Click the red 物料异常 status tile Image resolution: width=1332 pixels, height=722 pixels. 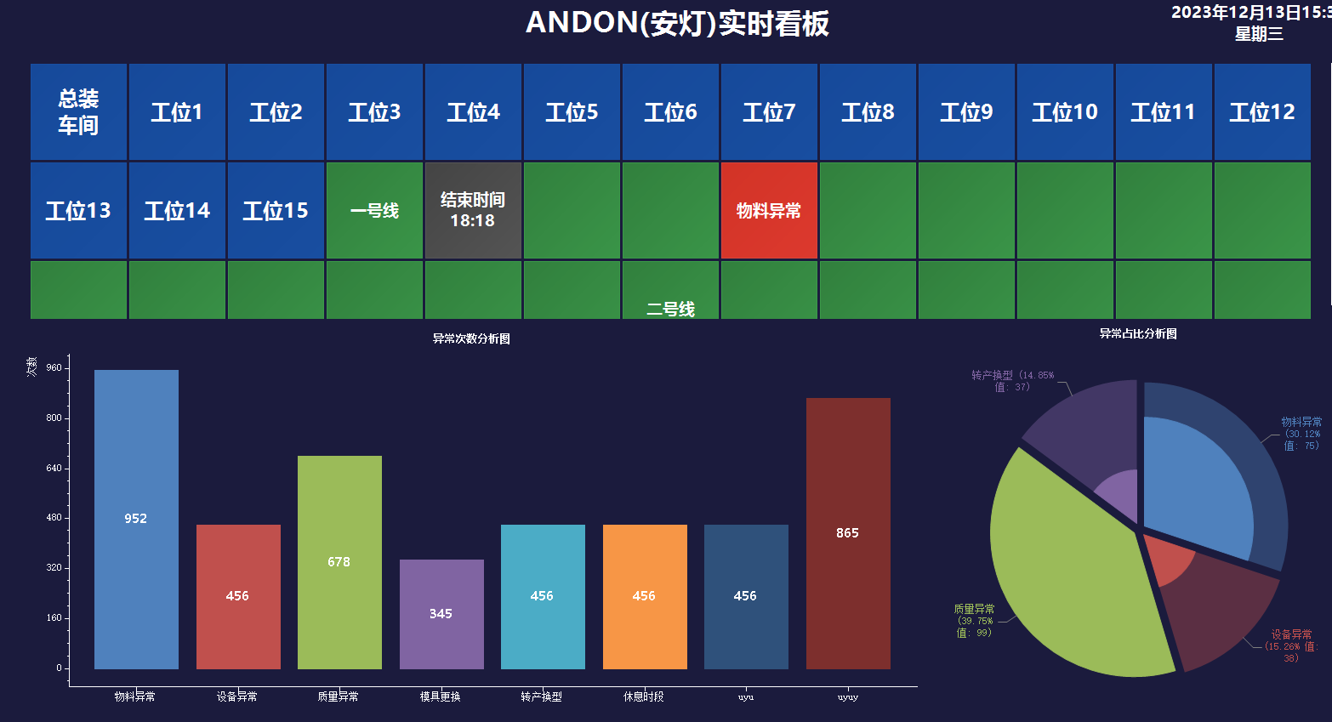coord(769,211)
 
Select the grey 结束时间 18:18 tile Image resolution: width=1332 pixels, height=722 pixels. coord(473,211)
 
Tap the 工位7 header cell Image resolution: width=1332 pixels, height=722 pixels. coord(769,112)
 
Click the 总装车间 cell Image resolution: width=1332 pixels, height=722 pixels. coord(78,112)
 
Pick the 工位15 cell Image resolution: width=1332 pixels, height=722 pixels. coord(276,211)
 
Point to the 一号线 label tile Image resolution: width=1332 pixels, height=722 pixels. coord(374,211)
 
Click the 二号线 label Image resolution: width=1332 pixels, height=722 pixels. coord(670,309)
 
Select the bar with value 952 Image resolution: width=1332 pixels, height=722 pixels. coord(136,519)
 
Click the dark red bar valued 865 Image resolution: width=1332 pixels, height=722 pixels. coord(848,533)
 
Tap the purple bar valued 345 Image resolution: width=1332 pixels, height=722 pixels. coord(441,613)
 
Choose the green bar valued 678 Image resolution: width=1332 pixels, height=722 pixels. coord(339,562)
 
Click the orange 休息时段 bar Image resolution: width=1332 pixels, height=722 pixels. coord(645,596)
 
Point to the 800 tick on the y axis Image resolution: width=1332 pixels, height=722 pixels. coord(54,418)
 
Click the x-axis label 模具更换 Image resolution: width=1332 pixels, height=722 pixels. coord(441,696)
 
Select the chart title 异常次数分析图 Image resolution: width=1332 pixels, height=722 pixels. coord(471,338)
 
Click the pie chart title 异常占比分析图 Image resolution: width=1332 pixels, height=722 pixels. coord(1138,333)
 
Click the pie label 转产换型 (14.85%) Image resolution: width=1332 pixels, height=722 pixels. coord(1012,380)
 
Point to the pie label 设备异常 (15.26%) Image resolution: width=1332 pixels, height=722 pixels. coord(1291,645)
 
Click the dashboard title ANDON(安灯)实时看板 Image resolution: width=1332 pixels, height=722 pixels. coord(677,23)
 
